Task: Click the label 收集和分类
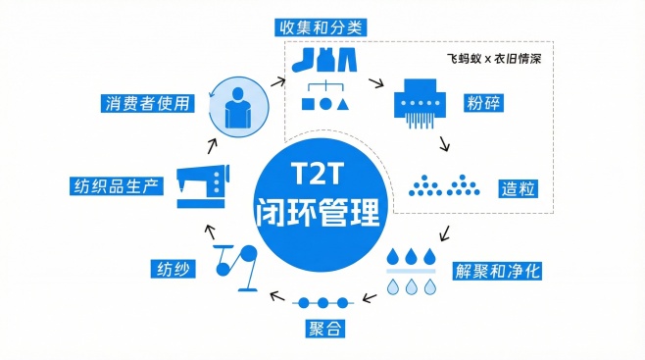(x=322, y=26)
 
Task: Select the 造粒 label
(x=520, y=187)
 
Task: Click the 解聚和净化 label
(x=497, y=270)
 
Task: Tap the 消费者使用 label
(x=144, y=102)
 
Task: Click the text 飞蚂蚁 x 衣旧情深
(x=500, y=59)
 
